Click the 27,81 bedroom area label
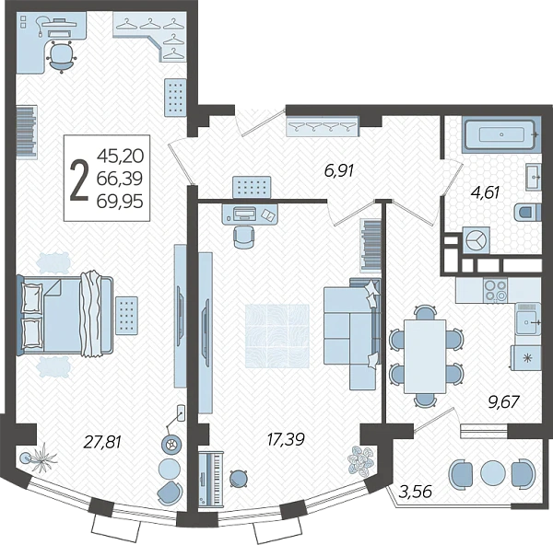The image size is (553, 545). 102,441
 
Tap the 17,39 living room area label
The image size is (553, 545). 286,439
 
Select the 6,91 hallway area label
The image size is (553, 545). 338,171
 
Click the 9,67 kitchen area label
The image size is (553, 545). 504,402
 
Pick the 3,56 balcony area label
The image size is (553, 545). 416,491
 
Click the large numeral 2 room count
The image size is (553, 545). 79,180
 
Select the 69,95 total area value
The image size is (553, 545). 120,202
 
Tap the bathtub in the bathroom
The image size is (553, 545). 501,134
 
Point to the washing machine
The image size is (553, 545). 477,240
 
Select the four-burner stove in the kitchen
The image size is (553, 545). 496,290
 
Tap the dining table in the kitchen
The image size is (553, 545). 425,356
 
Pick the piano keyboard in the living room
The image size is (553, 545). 210,477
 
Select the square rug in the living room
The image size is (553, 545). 277,336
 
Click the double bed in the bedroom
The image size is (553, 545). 65,314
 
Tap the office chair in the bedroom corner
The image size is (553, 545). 62,56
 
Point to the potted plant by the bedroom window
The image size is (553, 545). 40,458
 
